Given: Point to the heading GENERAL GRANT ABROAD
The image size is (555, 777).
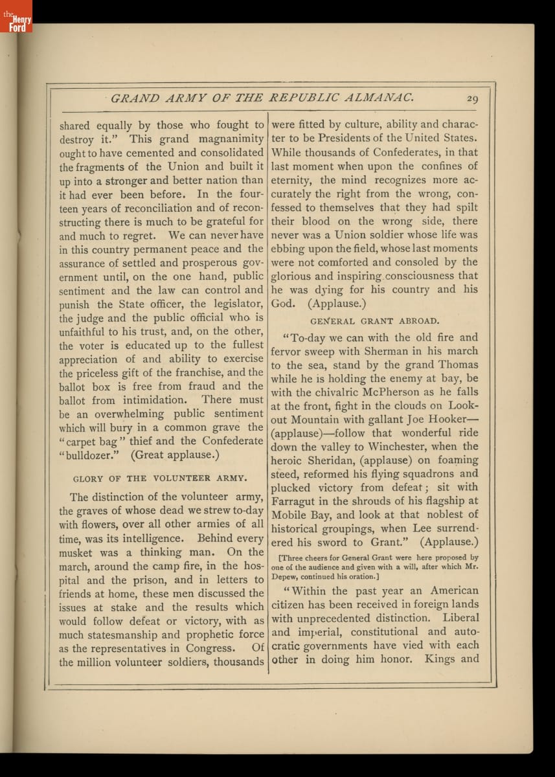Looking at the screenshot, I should tap(374, 320).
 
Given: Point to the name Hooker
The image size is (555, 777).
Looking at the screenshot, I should tap(444, 420).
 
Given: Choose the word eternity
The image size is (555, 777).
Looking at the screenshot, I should tap(291, 180).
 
